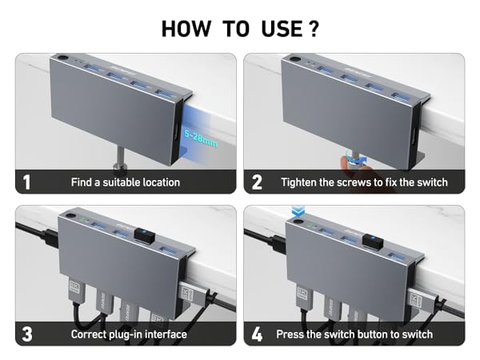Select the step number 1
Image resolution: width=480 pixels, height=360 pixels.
click(x=27, y=182)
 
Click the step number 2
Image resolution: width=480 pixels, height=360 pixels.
click(x=257, y=182)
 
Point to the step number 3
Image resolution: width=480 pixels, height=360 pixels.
click(x=27, y=334)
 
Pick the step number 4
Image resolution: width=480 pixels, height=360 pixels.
click(x=257, y=334)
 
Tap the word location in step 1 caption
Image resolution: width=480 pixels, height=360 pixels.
click(x=156, y=182)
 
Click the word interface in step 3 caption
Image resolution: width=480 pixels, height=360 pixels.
click(x=162, y=334)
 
